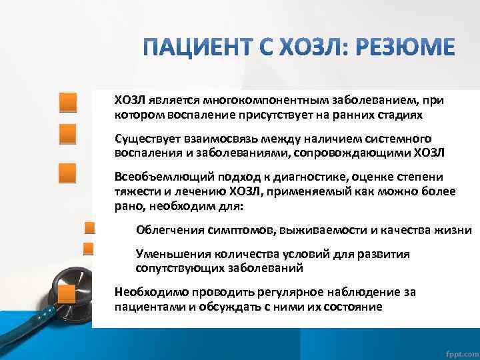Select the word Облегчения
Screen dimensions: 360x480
click(167, 230)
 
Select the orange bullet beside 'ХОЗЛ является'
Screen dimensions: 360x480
click(67, 103)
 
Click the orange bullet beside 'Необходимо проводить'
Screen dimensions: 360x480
click(67, 294)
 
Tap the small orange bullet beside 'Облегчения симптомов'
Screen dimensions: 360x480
click(88, 229)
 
